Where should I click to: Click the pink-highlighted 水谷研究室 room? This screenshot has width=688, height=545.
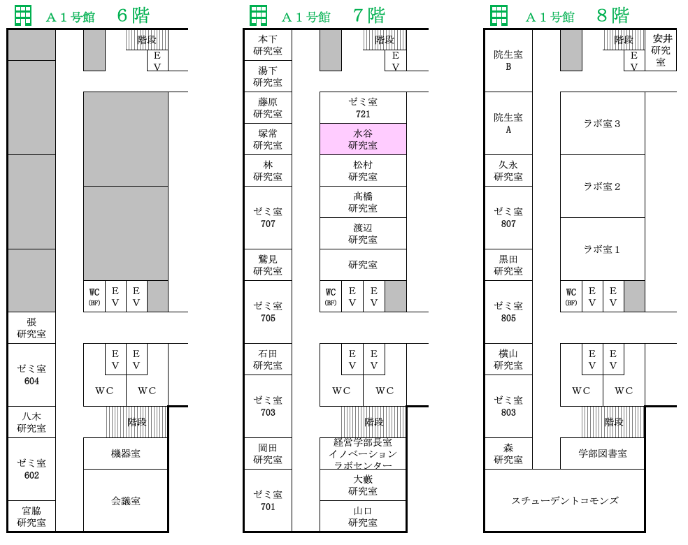click(x=363, y=139)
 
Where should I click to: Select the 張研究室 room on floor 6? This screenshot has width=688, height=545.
click(x=31, y=328)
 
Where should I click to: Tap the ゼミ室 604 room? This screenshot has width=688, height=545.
click(x=31, y=375)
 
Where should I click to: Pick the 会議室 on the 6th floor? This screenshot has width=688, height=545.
click(x=126, y=501)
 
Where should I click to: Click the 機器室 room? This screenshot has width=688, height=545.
click(x=126, y=453)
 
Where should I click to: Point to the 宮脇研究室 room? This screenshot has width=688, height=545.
click(x=31, y=516)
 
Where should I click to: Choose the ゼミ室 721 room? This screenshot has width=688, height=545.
click(x=363, y=108)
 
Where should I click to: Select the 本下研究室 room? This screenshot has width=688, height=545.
click(x=268, y=45)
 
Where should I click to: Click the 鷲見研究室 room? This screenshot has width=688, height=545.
click(x=268, y=265)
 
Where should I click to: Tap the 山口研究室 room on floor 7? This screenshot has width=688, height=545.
click(x=363, y=516)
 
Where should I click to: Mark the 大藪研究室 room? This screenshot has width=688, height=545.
click(x=363, y=485)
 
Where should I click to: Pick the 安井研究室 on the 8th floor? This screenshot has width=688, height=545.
click(x=661, y=50)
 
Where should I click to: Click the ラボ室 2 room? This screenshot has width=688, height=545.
click(x=603, y=187)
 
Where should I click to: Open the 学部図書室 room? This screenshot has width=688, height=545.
click(x=603, y=453)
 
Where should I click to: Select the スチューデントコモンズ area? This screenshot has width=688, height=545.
click(x=565, y=501)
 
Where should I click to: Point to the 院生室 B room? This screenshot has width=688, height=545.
click(x=508, y=61)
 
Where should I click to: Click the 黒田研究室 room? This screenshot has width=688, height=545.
click(x=508, y=265)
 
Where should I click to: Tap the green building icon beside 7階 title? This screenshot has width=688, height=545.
click(x=259, y=16)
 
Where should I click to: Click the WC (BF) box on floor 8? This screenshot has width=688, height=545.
click(x=571, y=296)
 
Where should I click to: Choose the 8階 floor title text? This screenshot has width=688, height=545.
click(x=612, y=16)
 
